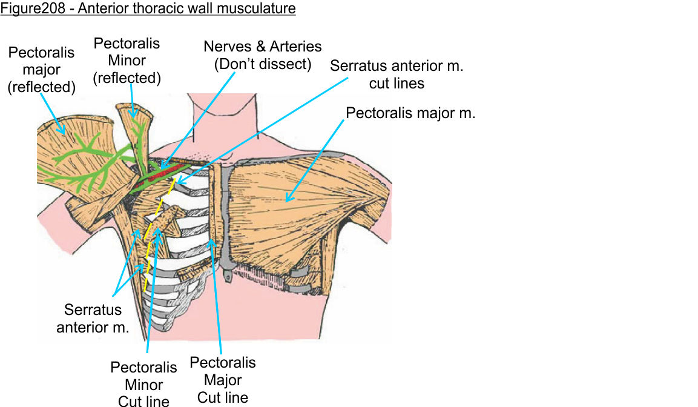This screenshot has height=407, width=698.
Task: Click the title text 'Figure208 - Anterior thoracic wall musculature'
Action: tap(148, 9)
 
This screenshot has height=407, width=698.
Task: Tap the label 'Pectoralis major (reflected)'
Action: tap(41, 70)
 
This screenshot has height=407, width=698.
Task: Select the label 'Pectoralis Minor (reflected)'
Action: tap(127, 61)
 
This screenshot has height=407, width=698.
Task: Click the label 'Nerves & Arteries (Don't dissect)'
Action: tap(263, 55)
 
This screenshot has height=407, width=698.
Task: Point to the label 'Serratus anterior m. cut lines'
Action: tap(397, 74)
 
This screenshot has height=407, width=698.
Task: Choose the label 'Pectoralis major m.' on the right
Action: tap(410, 113)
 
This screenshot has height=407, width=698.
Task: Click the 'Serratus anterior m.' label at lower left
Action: tap(93, 319)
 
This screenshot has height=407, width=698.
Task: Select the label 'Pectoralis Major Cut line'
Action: tap(223, 380)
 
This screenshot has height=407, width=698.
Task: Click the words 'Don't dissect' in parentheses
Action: tap(263, 64)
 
